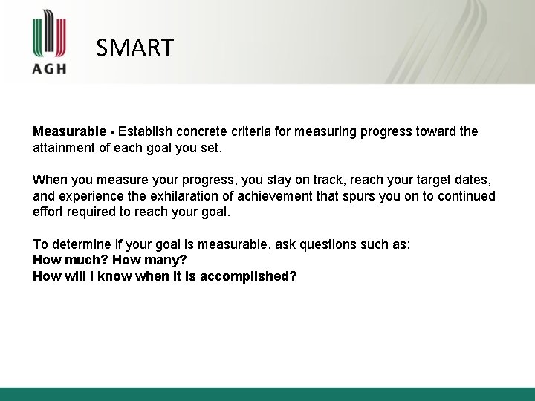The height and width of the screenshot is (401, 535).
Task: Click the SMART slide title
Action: coord(134,48)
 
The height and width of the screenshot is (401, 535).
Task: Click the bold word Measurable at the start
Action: coord(70,131)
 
